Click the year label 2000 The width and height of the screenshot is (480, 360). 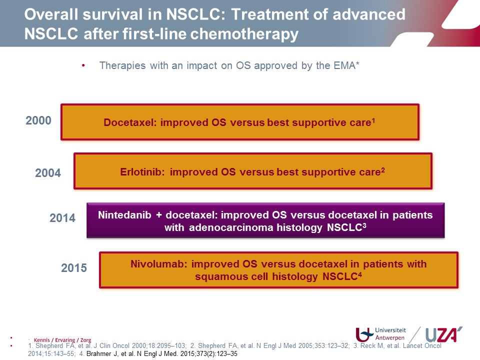click(38, 120)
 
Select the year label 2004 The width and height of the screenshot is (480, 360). click(48, 173)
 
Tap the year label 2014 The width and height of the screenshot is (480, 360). click(62, 218)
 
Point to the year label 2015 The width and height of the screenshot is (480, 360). click(74, 268)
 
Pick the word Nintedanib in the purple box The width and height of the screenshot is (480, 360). click(124, 215)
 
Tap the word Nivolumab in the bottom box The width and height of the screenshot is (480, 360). click(159, 264)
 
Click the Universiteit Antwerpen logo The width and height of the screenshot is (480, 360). click(381, 334)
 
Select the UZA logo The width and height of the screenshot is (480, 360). click(444, 334)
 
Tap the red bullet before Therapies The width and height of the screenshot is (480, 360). click(83, 65)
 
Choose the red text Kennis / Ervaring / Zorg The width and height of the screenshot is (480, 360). click(62, 340)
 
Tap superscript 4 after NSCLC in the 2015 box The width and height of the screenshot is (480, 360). click(360, 274)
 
